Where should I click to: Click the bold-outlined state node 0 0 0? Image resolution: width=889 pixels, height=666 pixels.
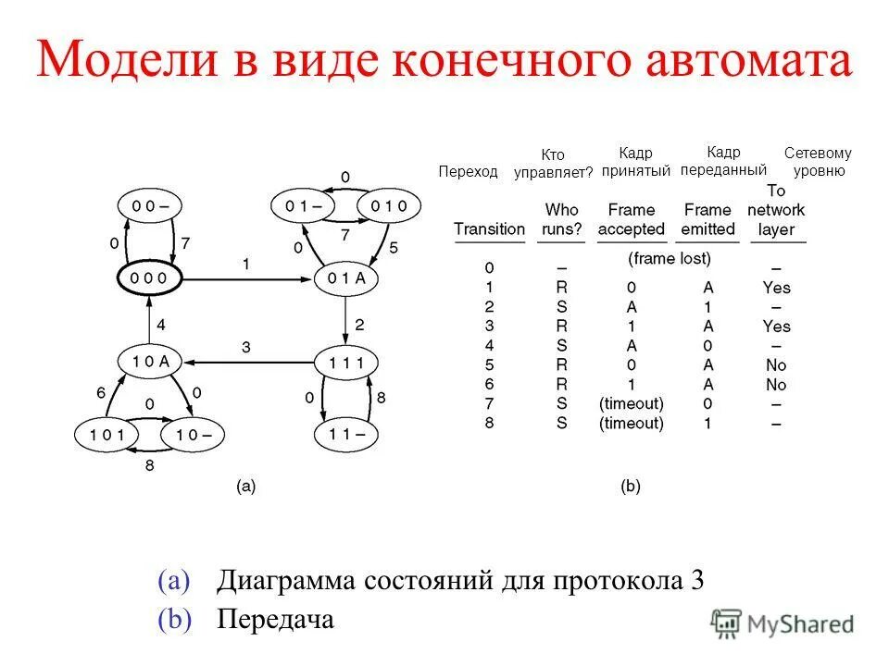pyautogui.click(x=148, y=277)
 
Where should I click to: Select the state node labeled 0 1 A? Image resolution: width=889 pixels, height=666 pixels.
pyautogui.click(x=346, y=277)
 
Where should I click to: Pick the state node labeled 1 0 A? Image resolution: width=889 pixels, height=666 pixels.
pyautogui.click(x=148, y=361)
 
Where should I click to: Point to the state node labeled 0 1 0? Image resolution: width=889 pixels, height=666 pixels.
pyautogui.click(x=390, y=205)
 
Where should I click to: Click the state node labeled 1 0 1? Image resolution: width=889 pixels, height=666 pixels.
pyautogui.click(x=106, y=433)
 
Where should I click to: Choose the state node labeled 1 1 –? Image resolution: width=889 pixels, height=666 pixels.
pyautogui.click(x=346, y=432)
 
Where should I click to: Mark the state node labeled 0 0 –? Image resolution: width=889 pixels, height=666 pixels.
pyautogui.click(x=148, y=205)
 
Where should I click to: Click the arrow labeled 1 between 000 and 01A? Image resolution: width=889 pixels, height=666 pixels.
pyautogui.click(x=245, y=277)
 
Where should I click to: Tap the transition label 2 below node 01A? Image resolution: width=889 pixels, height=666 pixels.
pyautogui.click(x=359, y=325)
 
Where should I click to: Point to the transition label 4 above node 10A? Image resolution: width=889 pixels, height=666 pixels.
pyautogui.click(x=160, y=325)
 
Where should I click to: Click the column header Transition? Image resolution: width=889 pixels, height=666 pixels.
pyautogui.click(x=489, y=228)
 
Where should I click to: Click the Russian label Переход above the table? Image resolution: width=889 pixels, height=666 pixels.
pyautogui.click(x=468, y=171)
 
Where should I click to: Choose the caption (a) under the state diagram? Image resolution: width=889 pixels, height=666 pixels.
pyautogui.click(x=245, y=486)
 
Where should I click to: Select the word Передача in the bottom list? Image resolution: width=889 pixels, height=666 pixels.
pyautogui.click(x=275, y=618)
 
